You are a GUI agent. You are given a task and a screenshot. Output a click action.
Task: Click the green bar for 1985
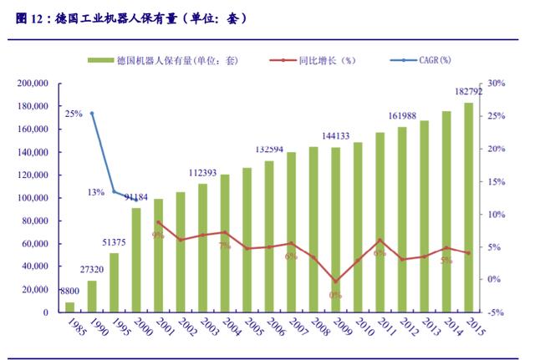click(70, 307)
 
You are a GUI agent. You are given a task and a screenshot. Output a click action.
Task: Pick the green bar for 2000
click(136, 260)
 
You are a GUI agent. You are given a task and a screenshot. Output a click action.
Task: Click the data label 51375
click(114, 242)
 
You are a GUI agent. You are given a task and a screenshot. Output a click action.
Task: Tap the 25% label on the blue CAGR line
click(74, 114)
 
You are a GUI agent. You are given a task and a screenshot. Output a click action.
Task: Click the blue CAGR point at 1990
click(92, 113)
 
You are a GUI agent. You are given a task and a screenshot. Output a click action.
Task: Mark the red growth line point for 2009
click(335, 281)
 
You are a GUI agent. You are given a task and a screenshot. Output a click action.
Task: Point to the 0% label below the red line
click(335, 294)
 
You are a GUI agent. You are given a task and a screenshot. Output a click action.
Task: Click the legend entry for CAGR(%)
click(428, 60)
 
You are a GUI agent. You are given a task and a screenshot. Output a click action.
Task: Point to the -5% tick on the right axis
click(497, 312)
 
